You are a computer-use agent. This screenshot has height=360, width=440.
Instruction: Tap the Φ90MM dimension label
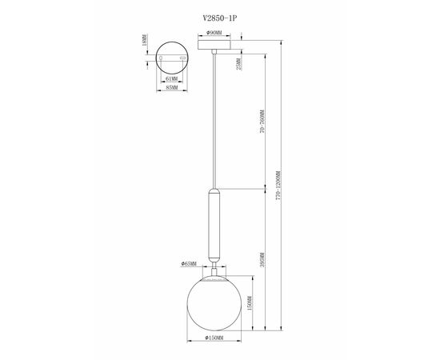pos(214,34)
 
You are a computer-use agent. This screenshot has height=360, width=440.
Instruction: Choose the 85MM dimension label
pos(171,89)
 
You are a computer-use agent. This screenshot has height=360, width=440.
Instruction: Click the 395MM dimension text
pos(263,260)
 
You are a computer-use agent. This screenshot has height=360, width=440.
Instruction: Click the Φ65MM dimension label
pos(190,262)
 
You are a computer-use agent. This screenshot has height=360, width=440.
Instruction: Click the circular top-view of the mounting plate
pos(171,58)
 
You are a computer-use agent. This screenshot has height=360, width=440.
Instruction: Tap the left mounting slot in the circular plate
pos(161,58)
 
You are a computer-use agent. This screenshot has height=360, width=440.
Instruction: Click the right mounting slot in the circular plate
pos(182,58)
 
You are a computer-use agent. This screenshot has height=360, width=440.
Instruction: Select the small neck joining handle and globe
pos(214,269)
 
